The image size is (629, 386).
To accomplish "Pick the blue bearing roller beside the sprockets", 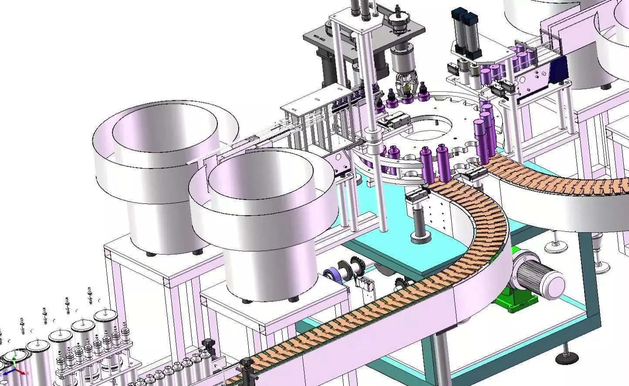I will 332,276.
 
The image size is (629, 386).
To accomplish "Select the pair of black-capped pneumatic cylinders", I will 466,33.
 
